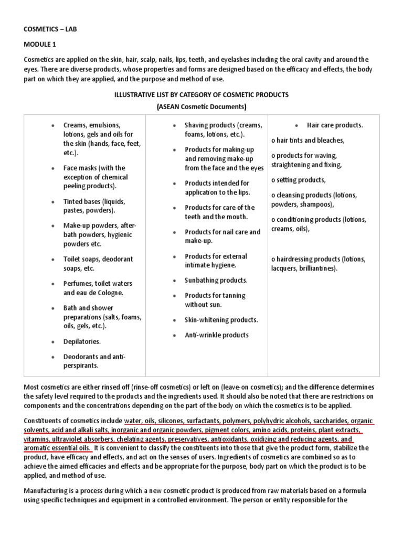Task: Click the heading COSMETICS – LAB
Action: (50, 29)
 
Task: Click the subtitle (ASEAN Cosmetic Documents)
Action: (201, 106)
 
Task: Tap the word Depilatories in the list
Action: (82, 341)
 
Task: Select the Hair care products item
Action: (335, 125)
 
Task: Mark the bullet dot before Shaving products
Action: (174, 126)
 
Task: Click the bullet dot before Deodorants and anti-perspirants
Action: (52, 357)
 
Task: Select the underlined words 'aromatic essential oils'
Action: (58, 448)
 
